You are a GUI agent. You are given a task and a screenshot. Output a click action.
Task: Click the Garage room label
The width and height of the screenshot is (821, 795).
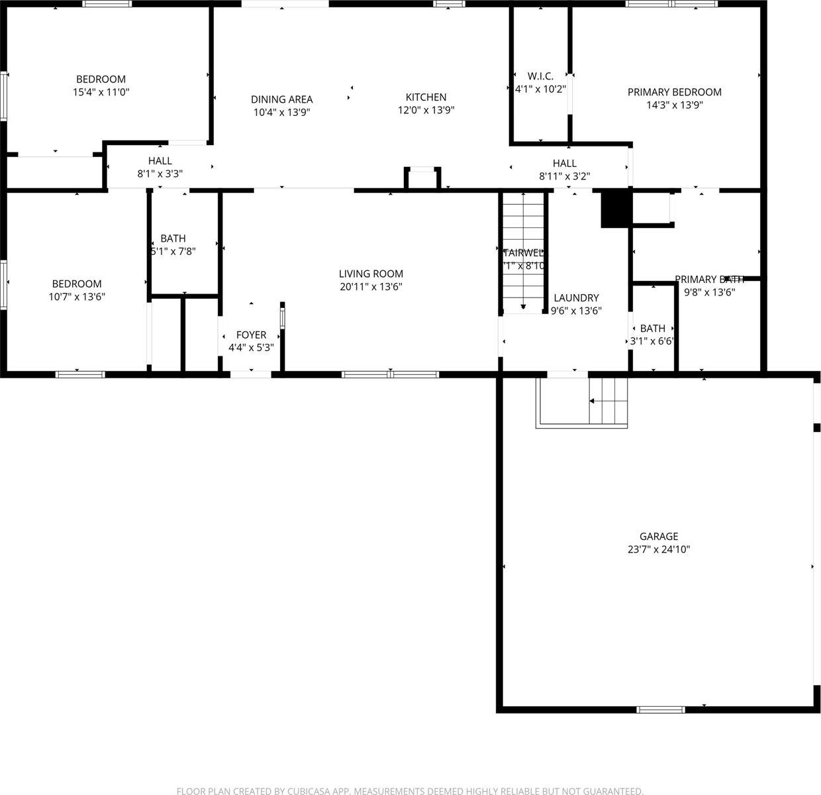(658, 537)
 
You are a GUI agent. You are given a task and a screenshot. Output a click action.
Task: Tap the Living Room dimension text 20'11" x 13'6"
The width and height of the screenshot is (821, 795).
(370, 287)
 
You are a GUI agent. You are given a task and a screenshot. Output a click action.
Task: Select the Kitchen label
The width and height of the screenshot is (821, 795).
(426, 97)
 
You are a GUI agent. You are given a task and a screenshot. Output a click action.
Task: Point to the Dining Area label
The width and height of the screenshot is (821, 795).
(281, 100)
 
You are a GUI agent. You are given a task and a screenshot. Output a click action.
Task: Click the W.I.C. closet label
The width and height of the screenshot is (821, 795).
(540, 76)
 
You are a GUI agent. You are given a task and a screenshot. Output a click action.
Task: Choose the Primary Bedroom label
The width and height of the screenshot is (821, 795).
(674, 92)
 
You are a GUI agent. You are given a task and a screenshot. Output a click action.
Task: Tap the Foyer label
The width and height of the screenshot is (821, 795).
(251, 335)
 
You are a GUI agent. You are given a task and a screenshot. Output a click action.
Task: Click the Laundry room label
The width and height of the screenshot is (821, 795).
(576, 298)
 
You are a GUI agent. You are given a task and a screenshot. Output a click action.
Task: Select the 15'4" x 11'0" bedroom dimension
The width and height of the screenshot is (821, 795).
(101, 93)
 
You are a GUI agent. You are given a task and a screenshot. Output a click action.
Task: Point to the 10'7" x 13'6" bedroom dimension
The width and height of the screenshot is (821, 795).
(77, 297)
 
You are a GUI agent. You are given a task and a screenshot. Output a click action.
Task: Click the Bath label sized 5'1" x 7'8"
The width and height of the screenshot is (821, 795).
(173, 238)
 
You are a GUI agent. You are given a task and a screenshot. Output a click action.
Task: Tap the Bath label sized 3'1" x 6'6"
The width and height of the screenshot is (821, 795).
(652, 329)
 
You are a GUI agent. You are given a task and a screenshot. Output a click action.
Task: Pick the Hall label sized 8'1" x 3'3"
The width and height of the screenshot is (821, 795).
(160, 161)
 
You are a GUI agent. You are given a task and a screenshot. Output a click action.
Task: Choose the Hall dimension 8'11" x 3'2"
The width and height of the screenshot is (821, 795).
(564, 176)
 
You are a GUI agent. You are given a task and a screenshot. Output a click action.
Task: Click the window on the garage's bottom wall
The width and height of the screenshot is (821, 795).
(660, 710)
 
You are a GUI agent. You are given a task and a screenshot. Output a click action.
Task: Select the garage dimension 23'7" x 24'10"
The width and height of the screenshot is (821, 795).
(658, 549)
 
